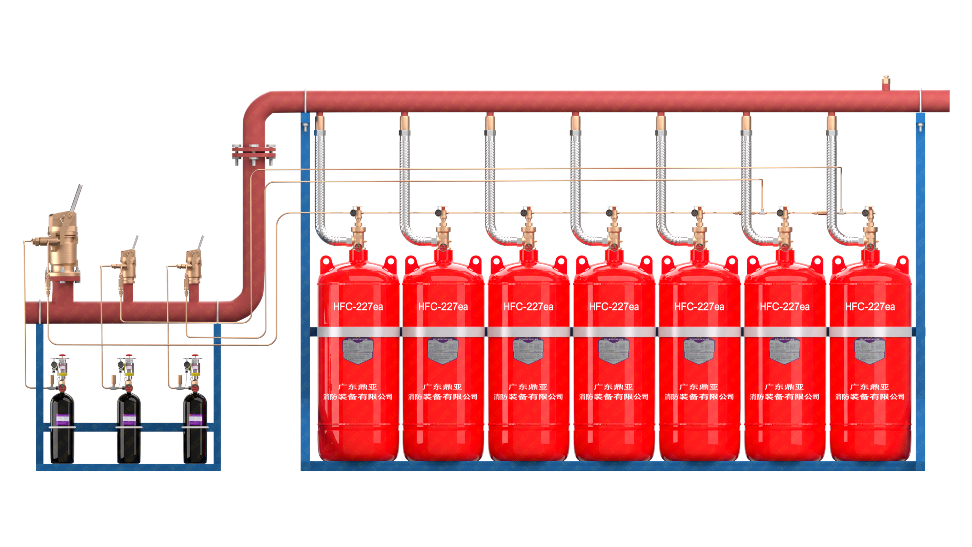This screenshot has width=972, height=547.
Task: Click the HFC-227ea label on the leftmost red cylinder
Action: pos(358,306)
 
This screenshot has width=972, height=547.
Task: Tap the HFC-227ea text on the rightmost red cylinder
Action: pos(870,306)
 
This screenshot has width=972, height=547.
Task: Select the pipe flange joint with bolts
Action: pos(254,154)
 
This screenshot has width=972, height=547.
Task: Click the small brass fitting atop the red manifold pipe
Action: pos(886,83)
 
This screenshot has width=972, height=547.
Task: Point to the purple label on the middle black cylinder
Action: pos(128,419)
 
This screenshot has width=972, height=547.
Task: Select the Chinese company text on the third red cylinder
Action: pos(528,392)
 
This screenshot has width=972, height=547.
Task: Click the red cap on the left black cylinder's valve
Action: pos(63,356)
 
